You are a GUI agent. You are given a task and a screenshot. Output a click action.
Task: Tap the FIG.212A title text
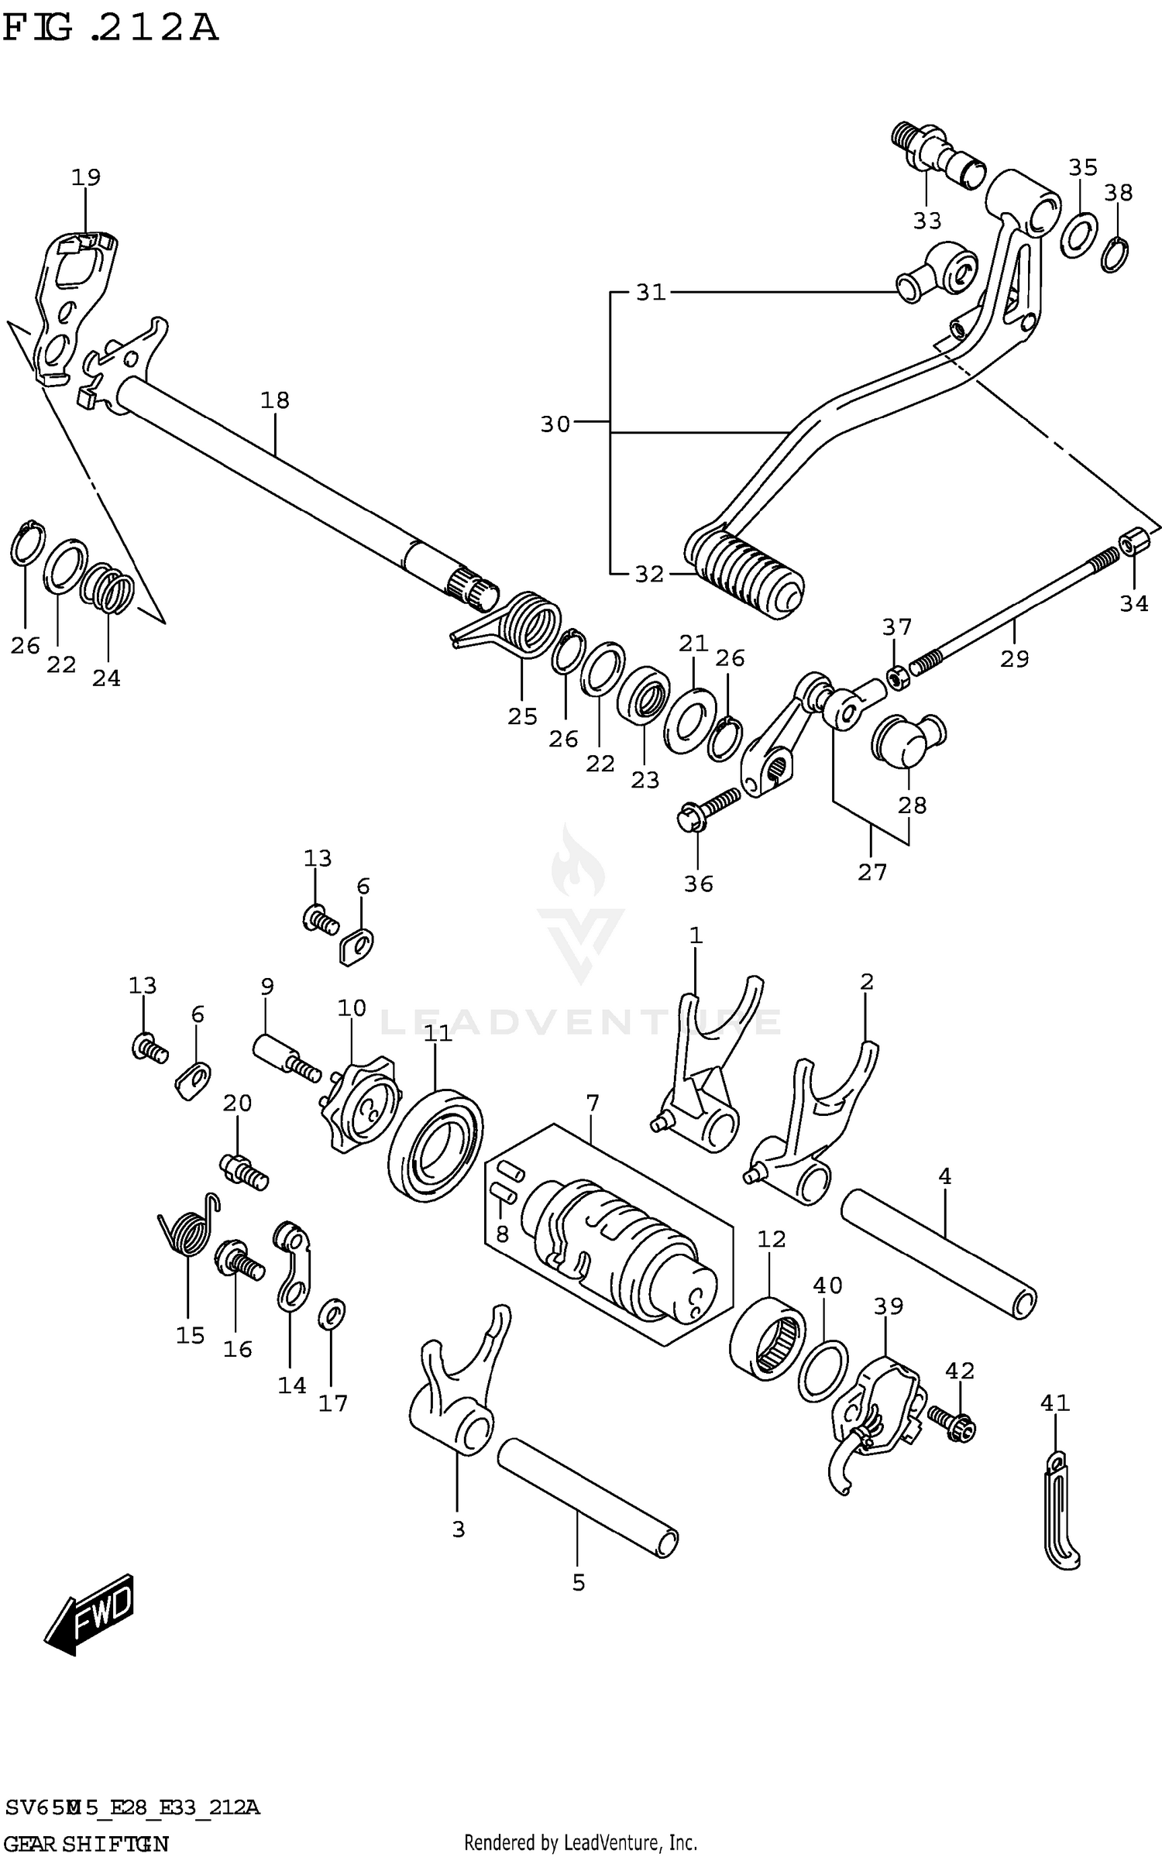pos(110,29)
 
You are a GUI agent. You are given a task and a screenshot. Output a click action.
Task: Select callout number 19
pos(86,177)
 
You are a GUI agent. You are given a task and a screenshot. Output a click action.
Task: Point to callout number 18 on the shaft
pos(275,400)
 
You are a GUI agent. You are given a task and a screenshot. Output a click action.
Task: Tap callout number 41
pos(1054,1402)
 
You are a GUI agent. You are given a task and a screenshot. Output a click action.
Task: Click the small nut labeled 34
pos(1133,541)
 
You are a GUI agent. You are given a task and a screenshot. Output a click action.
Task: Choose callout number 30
pos(555,424)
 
